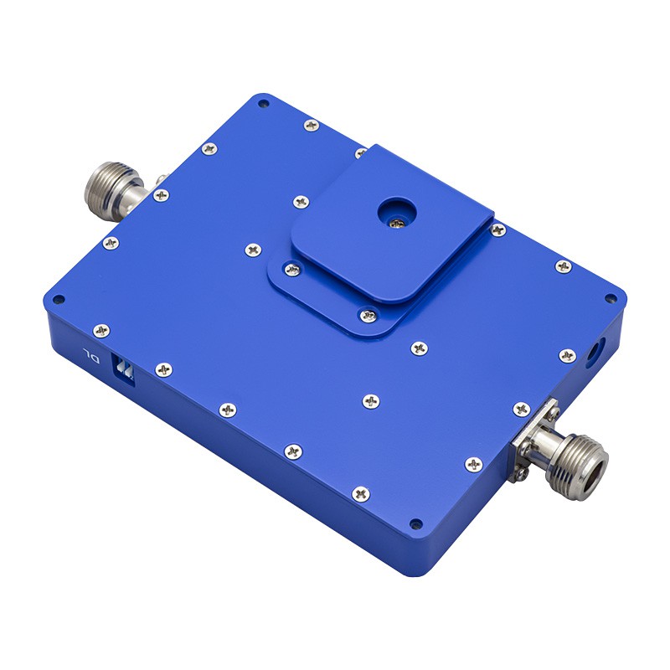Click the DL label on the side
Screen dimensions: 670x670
click(91, 355)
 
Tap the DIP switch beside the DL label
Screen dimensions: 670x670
click(123, 368)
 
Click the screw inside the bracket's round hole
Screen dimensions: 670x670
click(397, 223)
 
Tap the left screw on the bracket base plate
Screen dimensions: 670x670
click(292, 270)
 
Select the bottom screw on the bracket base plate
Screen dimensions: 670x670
click(368, 317)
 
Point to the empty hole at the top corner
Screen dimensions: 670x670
click(264, 103)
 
